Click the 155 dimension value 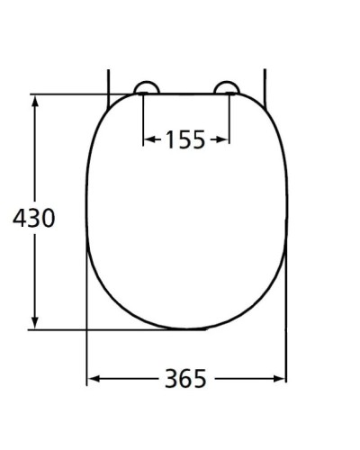pos(186,139)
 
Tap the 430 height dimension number pos(34,219)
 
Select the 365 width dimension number pos(185,379)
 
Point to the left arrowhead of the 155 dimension pos(148,139)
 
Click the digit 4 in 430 pos(19,219)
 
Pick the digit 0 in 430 pos(49,219)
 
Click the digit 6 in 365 pos(185,379)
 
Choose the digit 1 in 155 pos(169,139)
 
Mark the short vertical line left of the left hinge pos(109,81)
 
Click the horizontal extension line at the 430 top pos(72,94)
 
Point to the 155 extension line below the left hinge pos(144,121)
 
